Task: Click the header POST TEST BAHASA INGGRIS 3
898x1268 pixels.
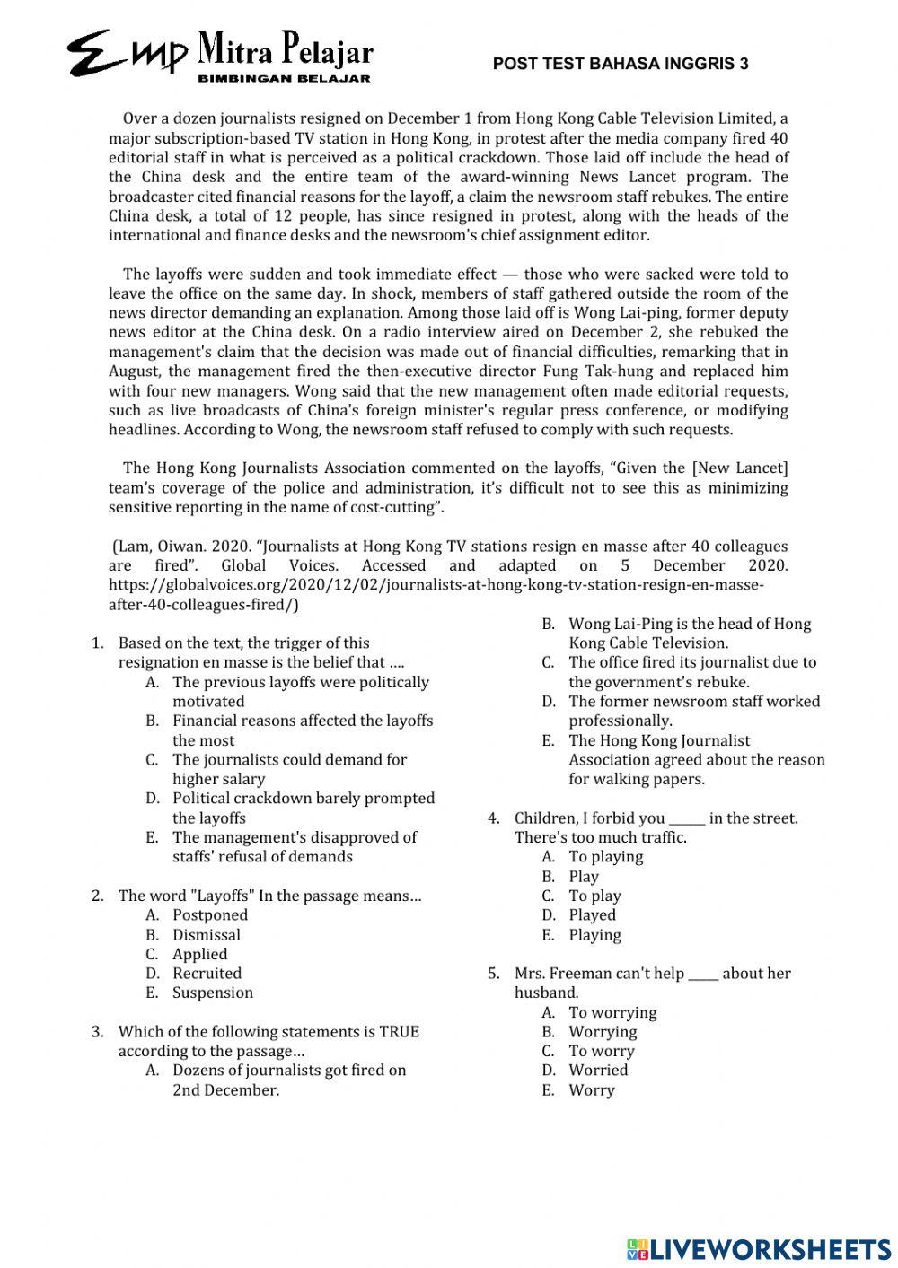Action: point(621,64)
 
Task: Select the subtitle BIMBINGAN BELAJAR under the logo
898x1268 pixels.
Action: point(284,79)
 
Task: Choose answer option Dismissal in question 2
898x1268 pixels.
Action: point(207,934)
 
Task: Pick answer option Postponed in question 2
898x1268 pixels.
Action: point(210,914)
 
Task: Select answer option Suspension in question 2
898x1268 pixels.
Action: point(213,993)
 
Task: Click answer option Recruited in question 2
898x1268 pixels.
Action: point(207,973)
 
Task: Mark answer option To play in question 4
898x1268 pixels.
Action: point(594,896)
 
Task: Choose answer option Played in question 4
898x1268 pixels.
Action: point(592,914)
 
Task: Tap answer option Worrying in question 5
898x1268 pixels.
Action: point(603,1031)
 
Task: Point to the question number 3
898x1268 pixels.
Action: point(97,1031)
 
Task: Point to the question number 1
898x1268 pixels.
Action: point(97,643)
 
